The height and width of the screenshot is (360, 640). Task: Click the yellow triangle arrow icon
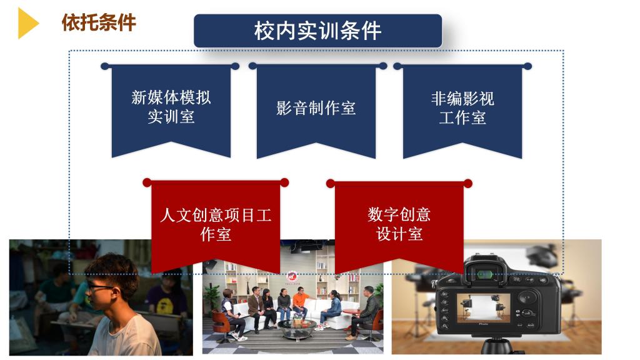pos(27,23)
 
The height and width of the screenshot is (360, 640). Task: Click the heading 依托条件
pos(99,22)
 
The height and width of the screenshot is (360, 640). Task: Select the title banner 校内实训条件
pos(317,31)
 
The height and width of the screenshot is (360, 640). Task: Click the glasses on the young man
pos(100,287)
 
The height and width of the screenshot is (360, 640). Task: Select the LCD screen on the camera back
pos(483,309)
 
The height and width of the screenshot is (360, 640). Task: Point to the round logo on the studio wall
pos(292,277)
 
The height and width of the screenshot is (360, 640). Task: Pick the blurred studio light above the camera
pos(542,255)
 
